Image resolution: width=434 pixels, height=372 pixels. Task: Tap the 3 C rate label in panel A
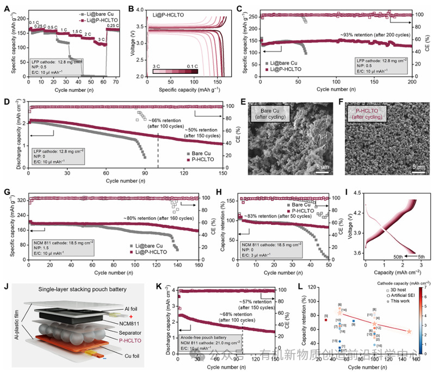[x=100, y=39]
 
